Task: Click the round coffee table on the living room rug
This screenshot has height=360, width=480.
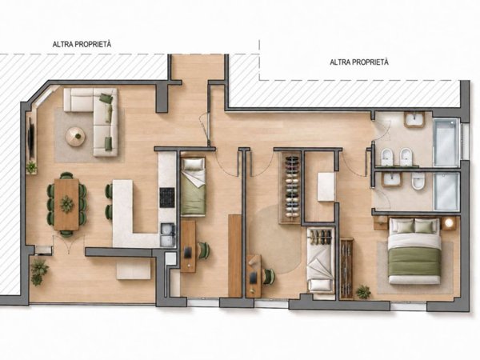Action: (x=75, y=136)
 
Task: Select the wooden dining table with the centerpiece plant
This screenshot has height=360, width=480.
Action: (x=66, y=204)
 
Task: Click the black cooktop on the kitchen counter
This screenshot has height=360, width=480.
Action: (x=167, y=198)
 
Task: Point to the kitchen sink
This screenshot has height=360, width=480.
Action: (x=168, y=234)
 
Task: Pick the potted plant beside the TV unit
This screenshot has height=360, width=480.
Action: (x=31, y=167)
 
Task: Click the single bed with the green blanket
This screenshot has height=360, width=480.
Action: (x=193, y=186)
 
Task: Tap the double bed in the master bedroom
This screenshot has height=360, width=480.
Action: (x=414, y=250)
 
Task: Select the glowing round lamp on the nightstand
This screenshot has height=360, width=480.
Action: (x=449, y=223)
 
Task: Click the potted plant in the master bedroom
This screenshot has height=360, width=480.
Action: (x=363, y=292)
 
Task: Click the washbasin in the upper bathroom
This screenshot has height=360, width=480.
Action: (x=414, y=119)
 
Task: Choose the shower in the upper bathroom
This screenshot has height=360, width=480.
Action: (x=446, y=142)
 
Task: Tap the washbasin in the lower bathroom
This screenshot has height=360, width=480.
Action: (x=391, y=178)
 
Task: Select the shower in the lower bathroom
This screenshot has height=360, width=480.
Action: (x=446, y=191)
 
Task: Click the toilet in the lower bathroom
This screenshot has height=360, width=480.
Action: (x=418, y=182)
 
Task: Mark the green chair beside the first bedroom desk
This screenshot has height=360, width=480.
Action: (x=203, y=250)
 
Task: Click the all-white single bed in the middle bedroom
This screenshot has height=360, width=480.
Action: (x=321, y=261)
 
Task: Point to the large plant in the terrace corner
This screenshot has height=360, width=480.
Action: (x=39, y=272)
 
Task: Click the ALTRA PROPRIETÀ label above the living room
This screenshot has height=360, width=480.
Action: (x=82, y=44)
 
